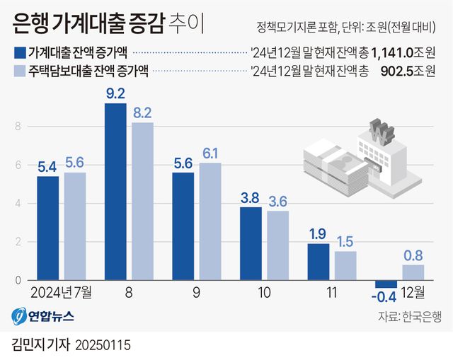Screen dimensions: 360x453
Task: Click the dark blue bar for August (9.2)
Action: [115, 192]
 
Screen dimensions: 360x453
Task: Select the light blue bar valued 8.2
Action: [142, 202]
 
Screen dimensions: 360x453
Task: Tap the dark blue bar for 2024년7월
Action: [47, 228]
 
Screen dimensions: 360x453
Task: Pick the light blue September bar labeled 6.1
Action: [210, 222]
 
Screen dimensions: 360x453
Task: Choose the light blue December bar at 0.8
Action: [413, 273]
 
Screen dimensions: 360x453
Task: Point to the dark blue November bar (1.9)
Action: [319, 262]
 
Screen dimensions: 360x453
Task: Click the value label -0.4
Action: [385, 296]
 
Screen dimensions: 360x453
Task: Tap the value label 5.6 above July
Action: [74, 163]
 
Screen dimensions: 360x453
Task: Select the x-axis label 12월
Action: [412, 291]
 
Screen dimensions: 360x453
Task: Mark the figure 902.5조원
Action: [410, 71]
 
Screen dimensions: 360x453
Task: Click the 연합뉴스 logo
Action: [42, 315]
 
